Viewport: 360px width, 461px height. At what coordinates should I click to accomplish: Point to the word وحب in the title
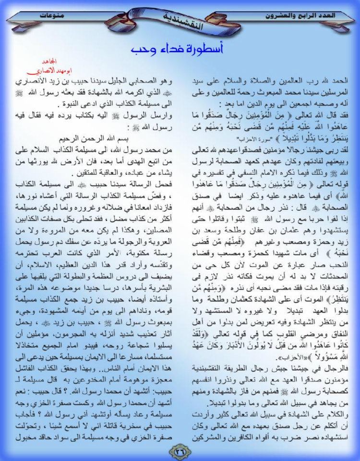142,50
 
